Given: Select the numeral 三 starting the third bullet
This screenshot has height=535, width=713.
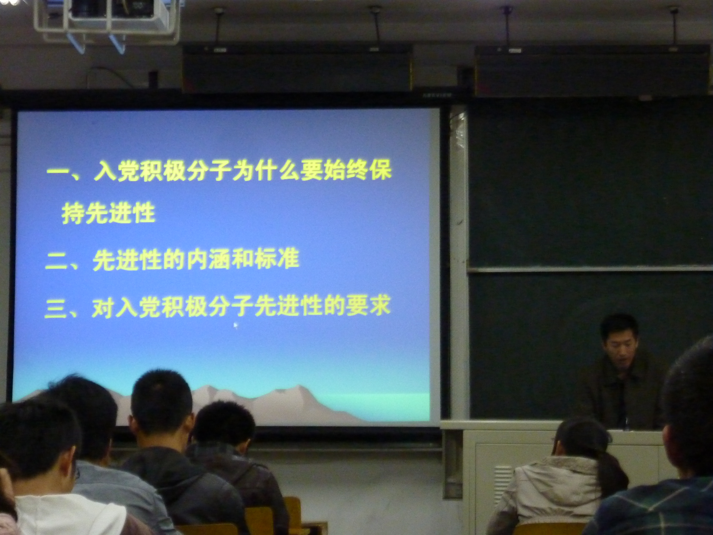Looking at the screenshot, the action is point(56,310).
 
